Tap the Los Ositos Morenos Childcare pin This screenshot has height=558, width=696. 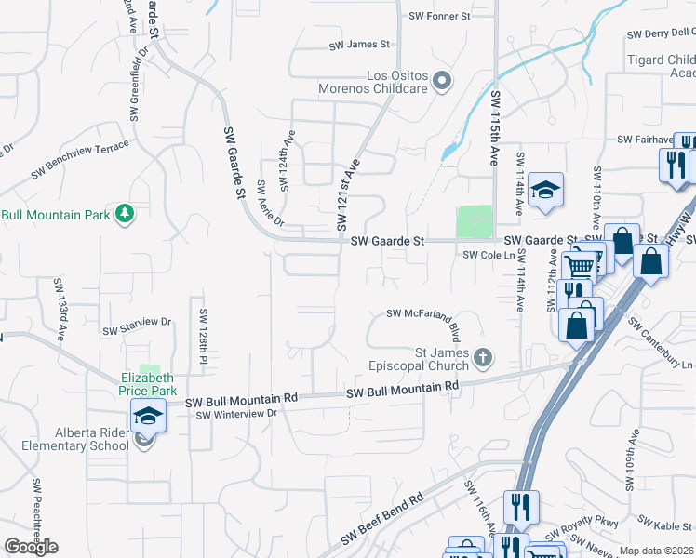[x=442, y=82]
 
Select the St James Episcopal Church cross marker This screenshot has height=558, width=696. [x=482, y=356]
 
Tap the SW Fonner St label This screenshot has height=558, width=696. [x=440, y=17]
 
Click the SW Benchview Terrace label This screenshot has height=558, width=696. [x=80, y=148]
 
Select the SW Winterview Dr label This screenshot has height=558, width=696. [x=237, y=414]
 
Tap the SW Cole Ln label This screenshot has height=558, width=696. [x=489, y=255]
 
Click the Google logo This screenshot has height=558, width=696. [x=31, y=547]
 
